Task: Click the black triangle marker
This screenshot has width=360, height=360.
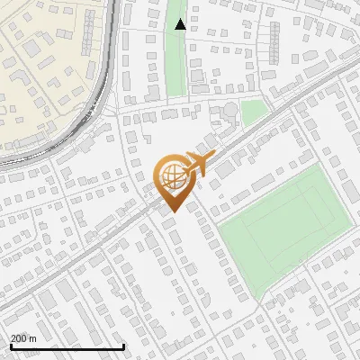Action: click(x=180, y=24)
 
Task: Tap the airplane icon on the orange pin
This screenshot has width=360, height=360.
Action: click(x=197, y=165)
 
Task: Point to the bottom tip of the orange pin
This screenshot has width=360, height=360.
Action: click(x=171, y=212)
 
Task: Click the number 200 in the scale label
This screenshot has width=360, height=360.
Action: click(x=20, y=338)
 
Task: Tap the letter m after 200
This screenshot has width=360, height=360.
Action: click(x=33, y=338)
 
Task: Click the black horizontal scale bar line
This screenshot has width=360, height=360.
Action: click(x=67, y=346)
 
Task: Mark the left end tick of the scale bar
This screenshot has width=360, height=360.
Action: click(x=11, y=346)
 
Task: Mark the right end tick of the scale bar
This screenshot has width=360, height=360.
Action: click(x=123, y=346)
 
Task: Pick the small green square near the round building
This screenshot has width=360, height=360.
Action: click(x=255, y=111)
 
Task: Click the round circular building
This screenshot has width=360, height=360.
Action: click(x=231, y=110)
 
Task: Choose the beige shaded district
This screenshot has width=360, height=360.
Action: click(x=45, y=54)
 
